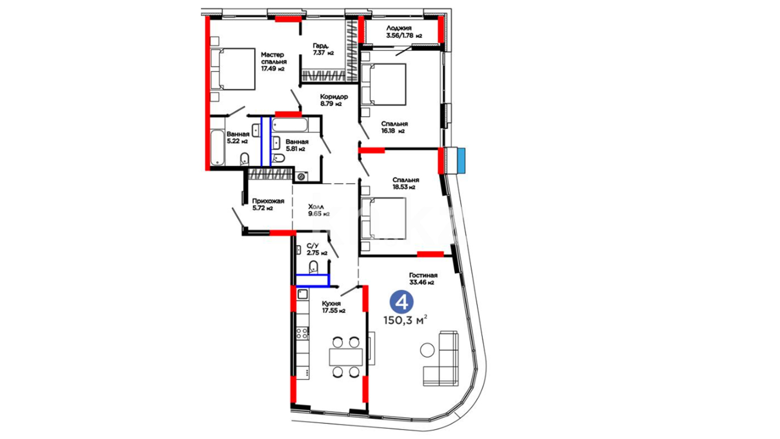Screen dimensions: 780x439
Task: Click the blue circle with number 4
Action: [x=401, y=302]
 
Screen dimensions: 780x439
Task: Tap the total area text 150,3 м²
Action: [x=405, y=320]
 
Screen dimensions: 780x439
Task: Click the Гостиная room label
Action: [x=423, y=275]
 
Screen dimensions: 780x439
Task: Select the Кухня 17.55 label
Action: [x=333, y=307]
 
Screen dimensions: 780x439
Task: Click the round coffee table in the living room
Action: [x=427, y=350]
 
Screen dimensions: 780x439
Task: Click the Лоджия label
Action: [x=399, y=28]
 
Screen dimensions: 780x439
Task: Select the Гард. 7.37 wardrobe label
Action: [x=323, y=49]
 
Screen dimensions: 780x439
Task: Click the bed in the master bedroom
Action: [x=233, y=69]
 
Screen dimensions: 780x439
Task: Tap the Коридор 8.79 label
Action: [x=334, y=100]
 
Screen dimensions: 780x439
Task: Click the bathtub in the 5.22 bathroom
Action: [x=217, y=148]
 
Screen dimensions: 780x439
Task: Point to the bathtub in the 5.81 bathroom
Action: [x=290, y=124]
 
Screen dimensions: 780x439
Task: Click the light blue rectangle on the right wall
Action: [x=461, y=161]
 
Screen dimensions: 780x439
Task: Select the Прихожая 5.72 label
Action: [x=268, y=204]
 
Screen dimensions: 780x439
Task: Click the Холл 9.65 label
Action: [x=318, y=211]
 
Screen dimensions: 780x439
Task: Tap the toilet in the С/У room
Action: [x=313, y=267]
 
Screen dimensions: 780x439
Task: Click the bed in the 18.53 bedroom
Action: [x=383, y=218]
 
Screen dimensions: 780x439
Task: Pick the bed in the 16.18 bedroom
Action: [x=383, y=85]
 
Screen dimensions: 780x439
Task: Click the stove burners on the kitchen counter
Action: [x=302, y=334]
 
